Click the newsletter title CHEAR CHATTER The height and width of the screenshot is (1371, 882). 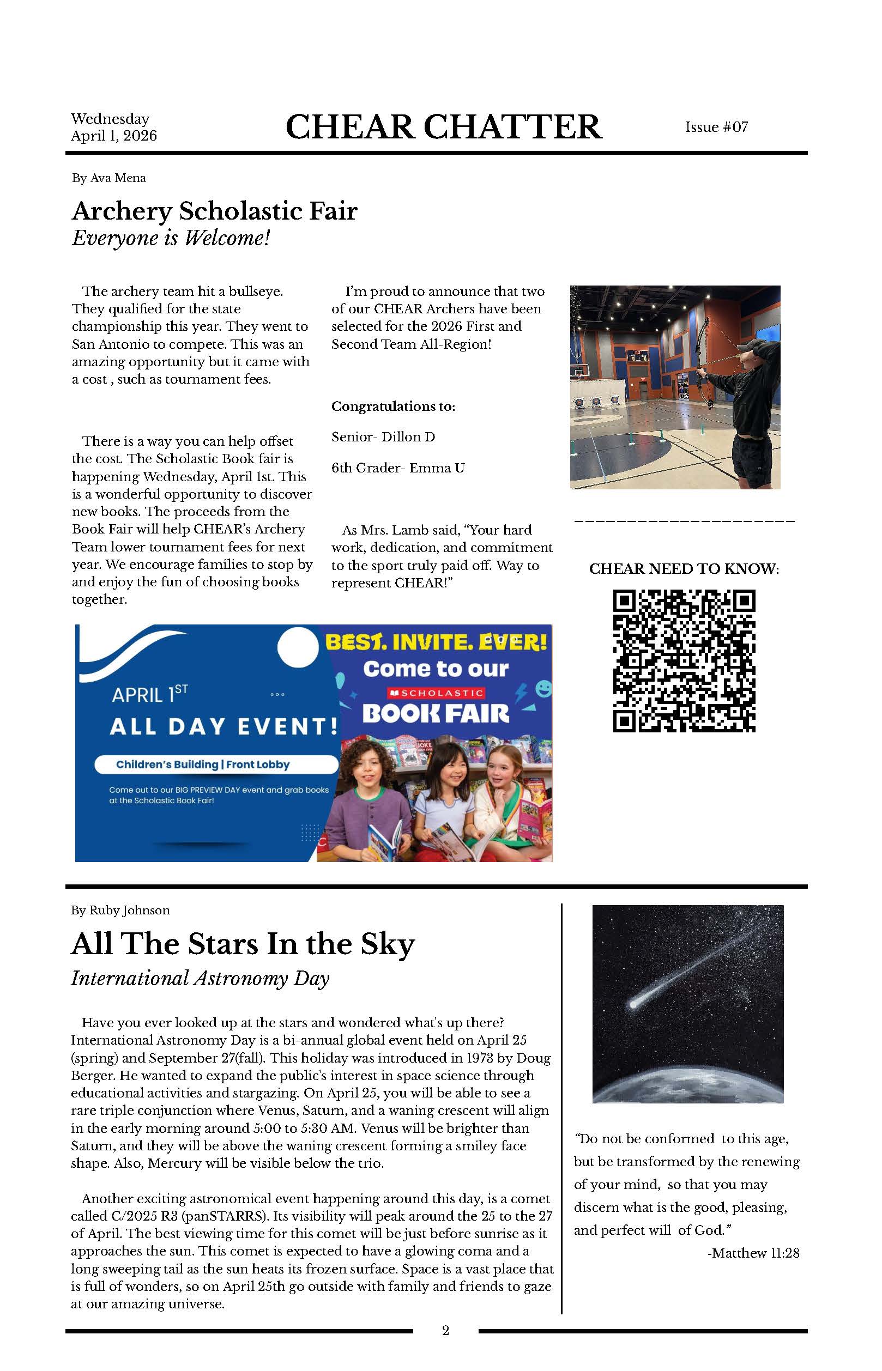tap(443, 126)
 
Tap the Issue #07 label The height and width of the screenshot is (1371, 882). tap(716, 127)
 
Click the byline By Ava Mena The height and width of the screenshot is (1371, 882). tap(109, 178)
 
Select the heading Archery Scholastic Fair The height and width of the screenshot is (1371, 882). tap(214, 211)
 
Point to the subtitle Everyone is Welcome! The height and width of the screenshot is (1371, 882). tap(170, 238)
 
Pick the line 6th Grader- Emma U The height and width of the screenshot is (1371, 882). tap(397, 468)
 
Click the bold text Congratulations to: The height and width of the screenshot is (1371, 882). tap(393, 407)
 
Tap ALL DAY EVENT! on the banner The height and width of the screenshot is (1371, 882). tap(223, 726)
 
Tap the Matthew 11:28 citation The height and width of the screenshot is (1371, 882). tap(753, 1253)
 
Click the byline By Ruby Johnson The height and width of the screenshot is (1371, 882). tap(120, 910)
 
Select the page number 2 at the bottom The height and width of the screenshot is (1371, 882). tap(445, 1330)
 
